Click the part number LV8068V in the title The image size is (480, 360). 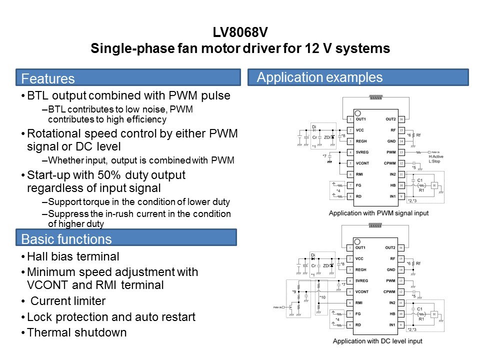pyautogui.click(x=239, y=34)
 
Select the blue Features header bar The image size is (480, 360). pyautogui.click(x=127, y=78)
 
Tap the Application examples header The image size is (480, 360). pyautogui.click(x=358, y=77)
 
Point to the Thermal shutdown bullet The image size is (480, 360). pyautogui.click(x=76, y=332)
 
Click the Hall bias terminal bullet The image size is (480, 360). pyautogui.click(x=73, y=256)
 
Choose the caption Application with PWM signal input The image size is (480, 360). pyautogui.click(x=378, y=213)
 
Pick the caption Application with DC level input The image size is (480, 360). pyautogui.click(x=378, y=341)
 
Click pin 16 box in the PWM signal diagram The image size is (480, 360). pyautogui.click(x=400, y=119)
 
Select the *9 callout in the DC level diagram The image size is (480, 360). pyautogui.click(x=294, y=290)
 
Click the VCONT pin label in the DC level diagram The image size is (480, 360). pyautogui.click(x=362, y=291)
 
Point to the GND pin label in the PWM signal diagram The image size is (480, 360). pyautogui.click(x=391, y=141)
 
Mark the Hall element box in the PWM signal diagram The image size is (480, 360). pyautogui.click(x=434, y=185)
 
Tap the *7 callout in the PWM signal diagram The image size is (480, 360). pyautogui.click(x=325, y=156)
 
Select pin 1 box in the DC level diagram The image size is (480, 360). pyautogui.click(x=349, y=248)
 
